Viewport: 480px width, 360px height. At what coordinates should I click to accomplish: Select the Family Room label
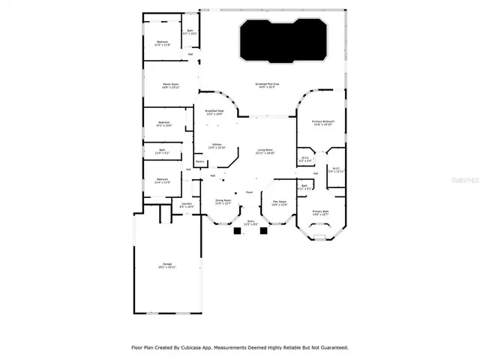point(170,85)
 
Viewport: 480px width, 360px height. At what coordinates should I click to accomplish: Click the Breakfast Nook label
point(214,112)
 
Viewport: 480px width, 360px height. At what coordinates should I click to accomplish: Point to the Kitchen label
point(216,145)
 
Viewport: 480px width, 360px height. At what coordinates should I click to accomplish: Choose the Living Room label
point(265,151)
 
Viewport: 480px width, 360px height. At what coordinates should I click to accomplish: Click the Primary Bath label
point(321,212)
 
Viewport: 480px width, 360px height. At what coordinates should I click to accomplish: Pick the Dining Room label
point(223,202)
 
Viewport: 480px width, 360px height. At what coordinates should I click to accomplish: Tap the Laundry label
point(187,205)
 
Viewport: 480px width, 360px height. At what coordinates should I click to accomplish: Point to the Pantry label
point(200,161)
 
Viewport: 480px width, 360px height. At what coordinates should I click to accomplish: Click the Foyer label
point(249,192)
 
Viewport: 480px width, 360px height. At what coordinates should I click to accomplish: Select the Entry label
point(252,222)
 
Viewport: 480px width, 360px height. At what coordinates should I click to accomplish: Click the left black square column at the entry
point(237,232)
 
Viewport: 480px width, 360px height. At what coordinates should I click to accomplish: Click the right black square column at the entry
point(263,232)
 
